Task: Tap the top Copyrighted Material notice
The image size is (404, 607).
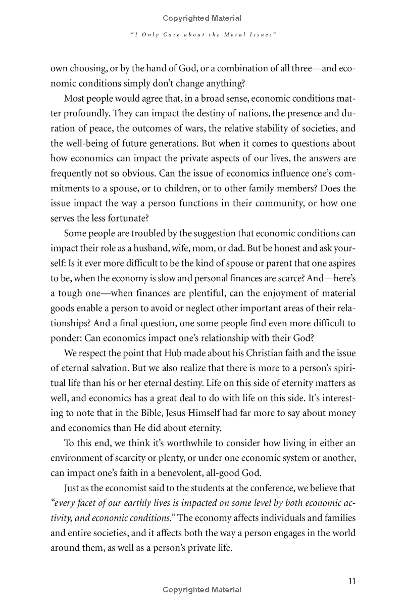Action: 202,18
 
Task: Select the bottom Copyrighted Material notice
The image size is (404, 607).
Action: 202,589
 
